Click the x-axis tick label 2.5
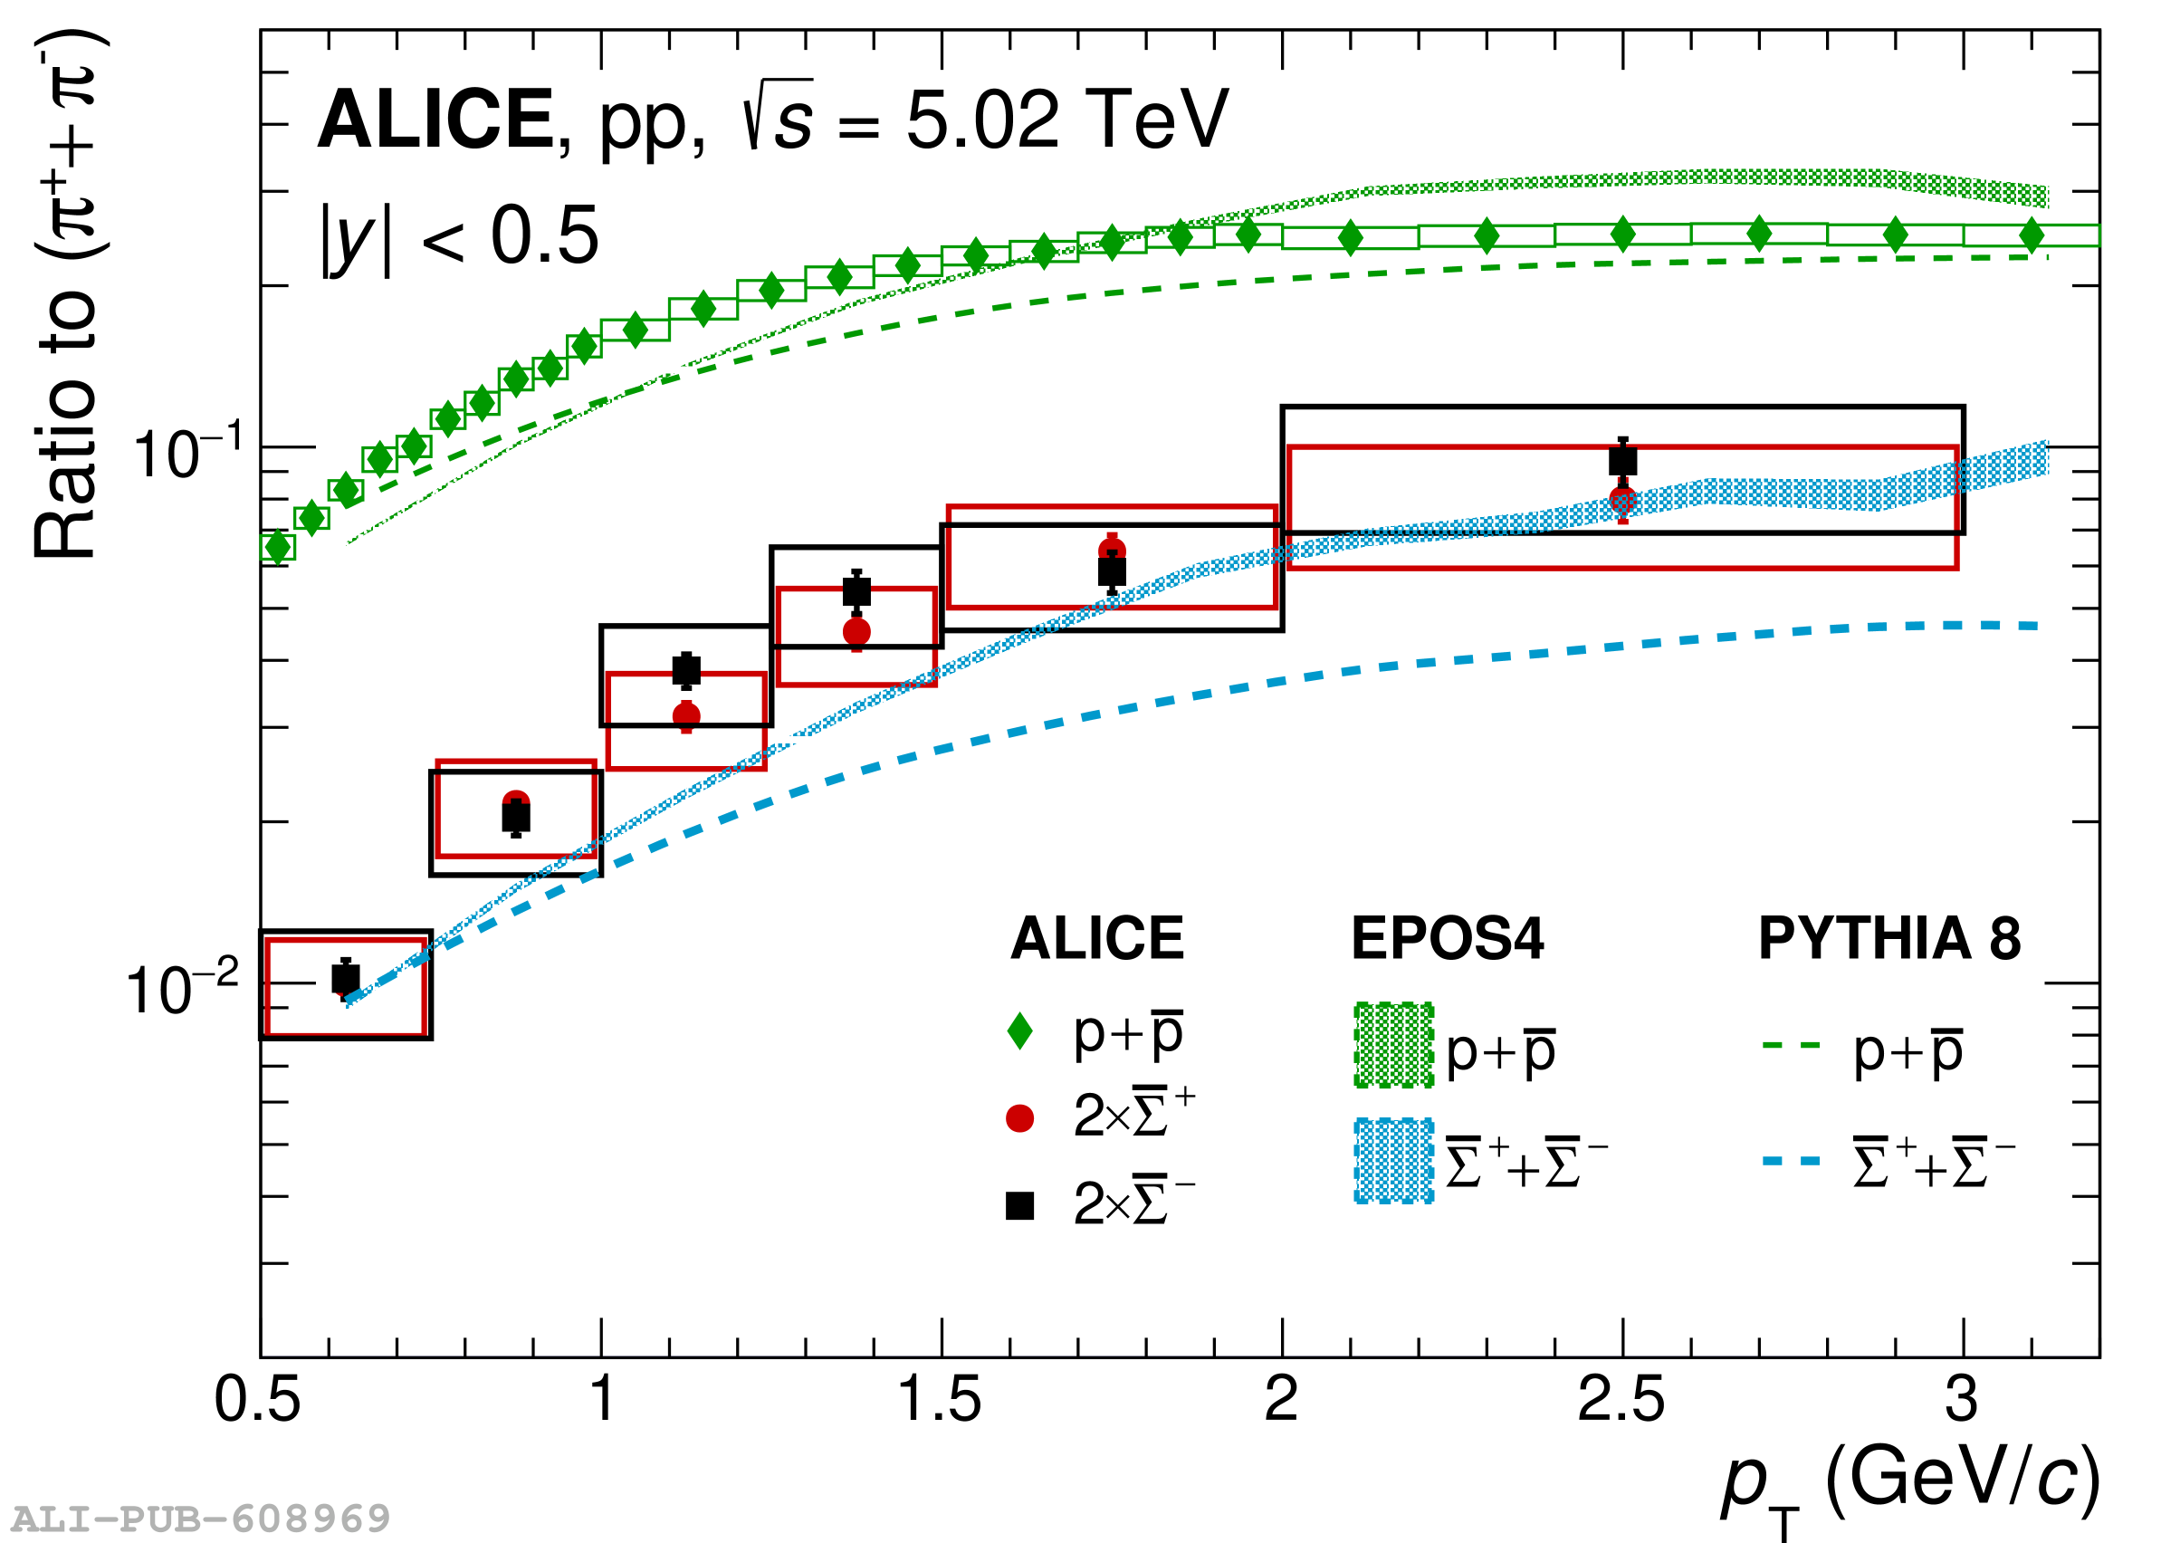pos(1621,1400)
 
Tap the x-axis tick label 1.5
pos(940,1400)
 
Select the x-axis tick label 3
pos(1962,1400)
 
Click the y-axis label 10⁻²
pos(182,989)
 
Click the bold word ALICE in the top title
pos(435,120)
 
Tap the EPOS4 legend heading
pos(1447,940)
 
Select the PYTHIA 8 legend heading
pos(1889,940)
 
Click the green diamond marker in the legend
pos(1019,1031)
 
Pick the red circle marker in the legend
pos(1019,1118)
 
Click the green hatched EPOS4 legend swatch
pos(1393,1045)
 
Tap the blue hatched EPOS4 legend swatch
pos(1393,1161)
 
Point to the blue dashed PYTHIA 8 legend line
pos(1792,1161)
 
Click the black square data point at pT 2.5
pos(1622,462)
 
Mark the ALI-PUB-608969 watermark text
pos(199,1519)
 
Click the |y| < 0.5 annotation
pos(461,237)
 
